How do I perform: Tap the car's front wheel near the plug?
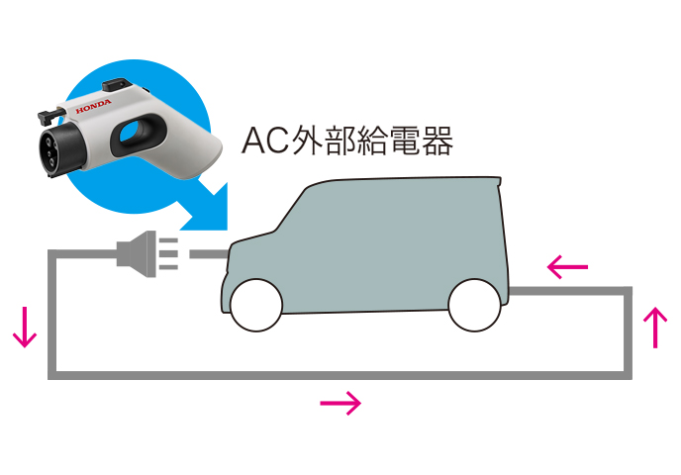[x=255, y=305]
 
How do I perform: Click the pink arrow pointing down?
[x=25, y=329]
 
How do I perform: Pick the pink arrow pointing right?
[x=340, y=403]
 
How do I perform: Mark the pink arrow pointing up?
[x=655, y=328]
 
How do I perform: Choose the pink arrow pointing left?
[x=568, y=266]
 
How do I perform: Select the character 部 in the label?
[x=342, y=142]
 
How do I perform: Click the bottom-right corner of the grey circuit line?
[x=628, y=374]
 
